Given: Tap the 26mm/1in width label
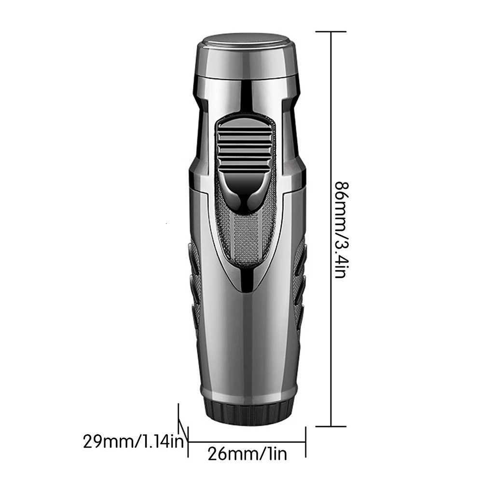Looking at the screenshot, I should coord(247,454).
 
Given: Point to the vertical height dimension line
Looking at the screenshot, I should coord(331,145).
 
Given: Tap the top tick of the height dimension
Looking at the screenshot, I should coord(331,32).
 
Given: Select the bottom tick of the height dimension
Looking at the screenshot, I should coord(331,426).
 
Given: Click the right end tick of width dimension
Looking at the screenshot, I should coord(306,441).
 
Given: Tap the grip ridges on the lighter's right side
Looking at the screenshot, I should coord(300,285).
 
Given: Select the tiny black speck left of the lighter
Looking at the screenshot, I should coord(166,223).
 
